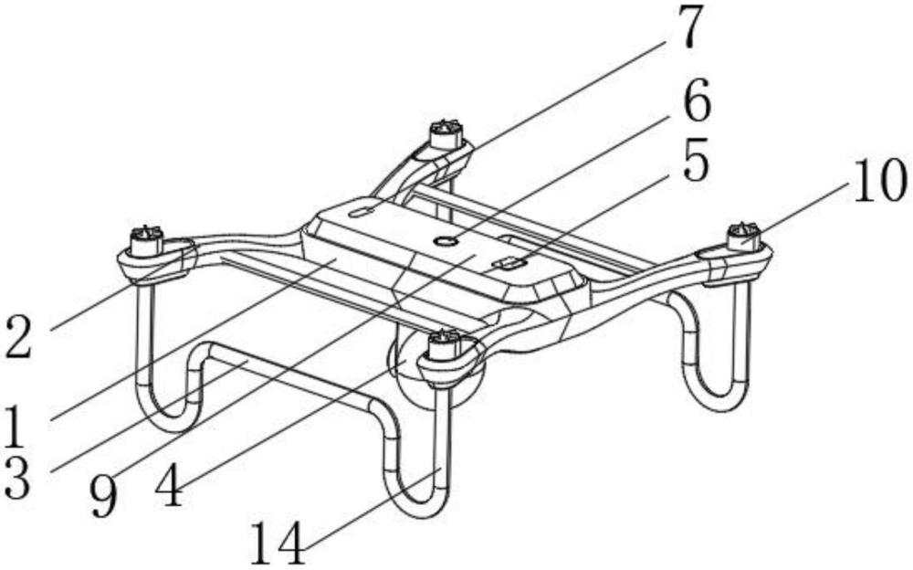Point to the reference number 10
pyautogui.click(x=878, y=184)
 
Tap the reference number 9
pyautogui.click(x=104, y=494)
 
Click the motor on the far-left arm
pyautogui.click(x=145, y=241)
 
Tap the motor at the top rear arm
pyautogui.click(x=445, y=134)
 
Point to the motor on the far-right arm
pyautogui.click(x=744, y=237)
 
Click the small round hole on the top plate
pyautogui.click(x=446, y=240)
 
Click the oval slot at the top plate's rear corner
pyautogui.click(x=361, y=211)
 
